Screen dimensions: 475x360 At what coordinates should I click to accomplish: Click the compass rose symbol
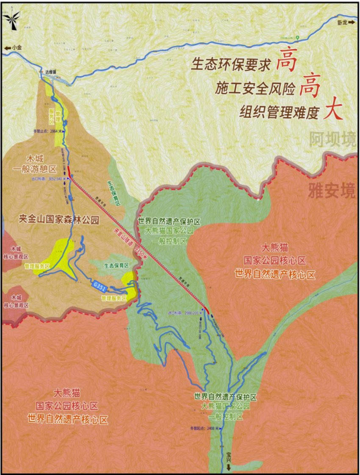(x=11, y=19)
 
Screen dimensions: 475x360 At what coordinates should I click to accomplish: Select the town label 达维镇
(x=51, y=72)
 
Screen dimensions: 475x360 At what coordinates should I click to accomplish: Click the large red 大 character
(x=333, y=111)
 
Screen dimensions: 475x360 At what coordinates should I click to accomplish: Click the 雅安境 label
(x=331, y=191)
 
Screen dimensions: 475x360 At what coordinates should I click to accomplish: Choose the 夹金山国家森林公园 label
(x=59, y=220)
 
